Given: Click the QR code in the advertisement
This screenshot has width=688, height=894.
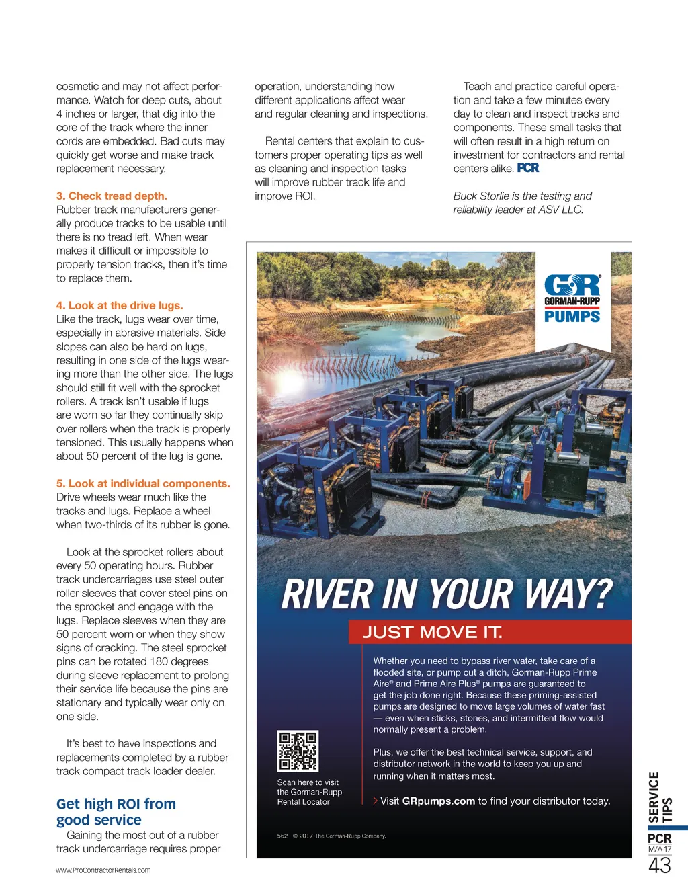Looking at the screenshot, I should pos(298,751).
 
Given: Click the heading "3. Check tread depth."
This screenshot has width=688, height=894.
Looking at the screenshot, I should pos(112,196).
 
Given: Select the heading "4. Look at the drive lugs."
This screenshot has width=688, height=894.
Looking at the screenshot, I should pos(120,305).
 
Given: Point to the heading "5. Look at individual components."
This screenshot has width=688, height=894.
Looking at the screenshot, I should pos(143,483).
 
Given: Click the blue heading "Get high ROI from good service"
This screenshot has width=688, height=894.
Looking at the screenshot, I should pos(116,812).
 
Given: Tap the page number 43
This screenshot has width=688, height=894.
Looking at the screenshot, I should pos(659,866).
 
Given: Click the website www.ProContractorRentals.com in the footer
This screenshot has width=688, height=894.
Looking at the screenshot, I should pos(103,870).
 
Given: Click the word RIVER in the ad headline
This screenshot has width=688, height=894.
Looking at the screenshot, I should pos(327,595).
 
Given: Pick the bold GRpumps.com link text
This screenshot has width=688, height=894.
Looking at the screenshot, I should pos(438,801).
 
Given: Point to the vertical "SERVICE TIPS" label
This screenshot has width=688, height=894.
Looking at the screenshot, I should pos(660,798).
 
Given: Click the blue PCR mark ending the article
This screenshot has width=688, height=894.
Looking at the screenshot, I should pos(528,168).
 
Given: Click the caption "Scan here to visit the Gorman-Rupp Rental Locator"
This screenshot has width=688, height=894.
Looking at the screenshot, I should pos(309,792).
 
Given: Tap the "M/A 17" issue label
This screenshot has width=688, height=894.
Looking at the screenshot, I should pos(659,849).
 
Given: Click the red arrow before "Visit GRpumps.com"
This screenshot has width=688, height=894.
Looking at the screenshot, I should pos(375,801).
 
